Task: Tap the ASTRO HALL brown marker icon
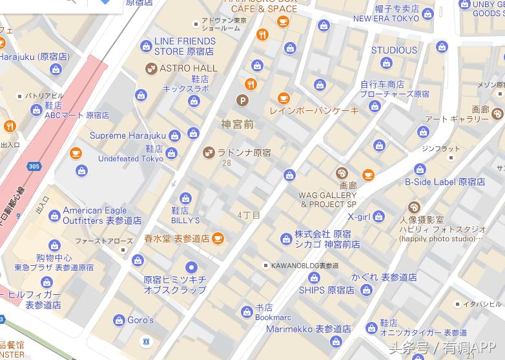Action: tap(150, 68)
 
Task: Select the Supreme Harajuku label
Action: tap(127, 135)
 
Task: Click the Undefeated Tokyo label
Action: tap(130, 158)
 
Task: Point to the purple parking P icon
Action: tap(243, 100)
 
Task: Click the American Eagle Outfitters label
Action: tap(101, 215)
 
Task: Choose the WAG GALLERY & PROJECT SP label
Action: tap(328, 199)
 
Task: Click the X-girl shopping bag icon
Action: tap(379, 217)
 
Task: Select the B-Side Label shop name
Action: tap(444, 182)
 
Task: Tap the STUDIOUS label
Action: tap(394, 50)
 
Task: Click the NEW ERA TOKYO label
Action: tap(386, 19)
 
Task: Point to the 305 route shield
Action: tap(34, 166)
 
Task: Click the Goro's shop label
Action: tap(140, 320)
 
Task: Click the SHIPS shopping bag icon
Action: tap(314, 278)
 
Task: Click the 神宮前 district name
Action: tap(237, 124)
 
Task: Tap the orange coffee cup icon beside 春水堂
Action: tap(218, 238)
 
